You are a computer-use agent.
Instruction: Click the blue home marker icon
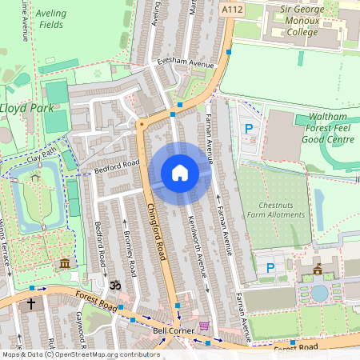point(180,173)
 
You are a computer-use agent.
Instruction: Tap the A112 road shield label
point(232,9)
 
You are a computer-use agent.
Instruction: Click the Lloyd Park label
point(25,107)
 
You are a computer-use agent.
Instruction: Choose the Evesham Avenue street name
point(187,64)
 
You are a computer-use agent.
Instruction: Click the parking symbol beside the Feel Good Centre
point(248,128)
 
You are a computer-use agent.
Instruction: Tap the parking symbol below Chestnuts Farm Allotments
point(270,268)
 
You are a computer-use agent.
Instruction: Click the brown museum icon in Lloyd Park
point(64,264)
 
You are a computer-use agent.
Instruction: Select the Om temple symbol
point(114,284)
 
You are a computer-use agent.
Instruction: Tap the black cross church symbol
point(32,304)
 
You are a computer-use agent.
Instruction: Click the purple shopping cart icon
point(203,326)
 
